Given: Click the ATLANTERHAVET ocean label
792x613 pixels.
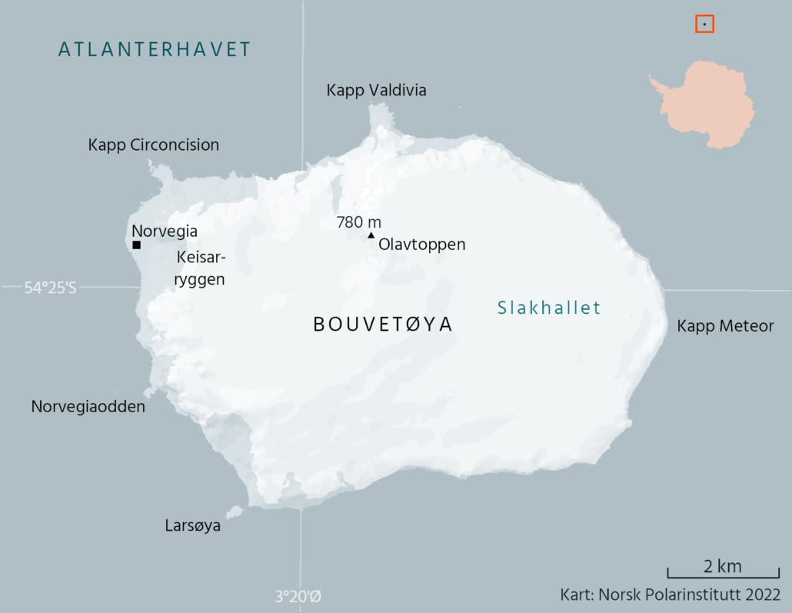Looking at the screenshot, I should point(155,50).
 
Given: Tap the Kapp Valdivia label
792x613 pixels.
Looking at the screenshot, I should point(376,91).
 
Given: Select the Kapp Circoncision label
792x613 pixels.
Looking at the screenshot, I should point(154,145).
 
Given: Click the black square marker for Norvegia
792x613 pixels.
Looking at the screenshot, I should point(136,245).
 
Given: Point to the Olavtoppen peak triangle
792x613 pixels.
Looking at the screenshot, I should point(371,235).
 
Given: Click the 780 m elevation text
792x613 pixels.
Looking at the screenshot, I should point(358,222).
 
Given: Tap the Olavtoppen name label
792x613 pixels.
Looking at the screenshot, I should point(422,245).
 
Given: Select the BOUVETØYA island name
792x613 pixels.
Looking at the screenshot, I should point(383,325).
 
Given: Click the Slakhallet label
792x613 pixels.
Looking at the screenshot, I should point(548,308).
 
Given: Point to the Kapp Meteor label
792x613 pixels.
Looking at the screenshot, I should point(725,326).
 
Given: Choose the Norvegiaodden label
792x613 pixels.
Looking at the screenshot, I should point(88,406).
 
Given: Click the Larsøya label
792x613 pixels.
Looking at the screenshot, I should point(192,526).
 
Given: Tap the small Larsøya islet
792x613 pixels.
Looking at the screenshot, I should point(234,511).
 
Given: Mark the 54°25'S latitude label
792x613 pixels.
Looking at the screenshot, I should point(51,288).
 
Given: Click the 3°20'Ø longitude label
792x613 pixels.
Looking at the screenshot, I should point(298,596).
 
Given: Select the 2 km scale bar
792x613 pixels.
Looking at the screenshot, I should point(723,574).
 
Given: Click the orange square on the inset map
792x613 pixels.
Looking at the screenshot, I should point(704,24).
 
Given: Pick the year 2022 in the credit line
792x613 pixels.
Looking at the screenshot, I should point(761,595).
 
